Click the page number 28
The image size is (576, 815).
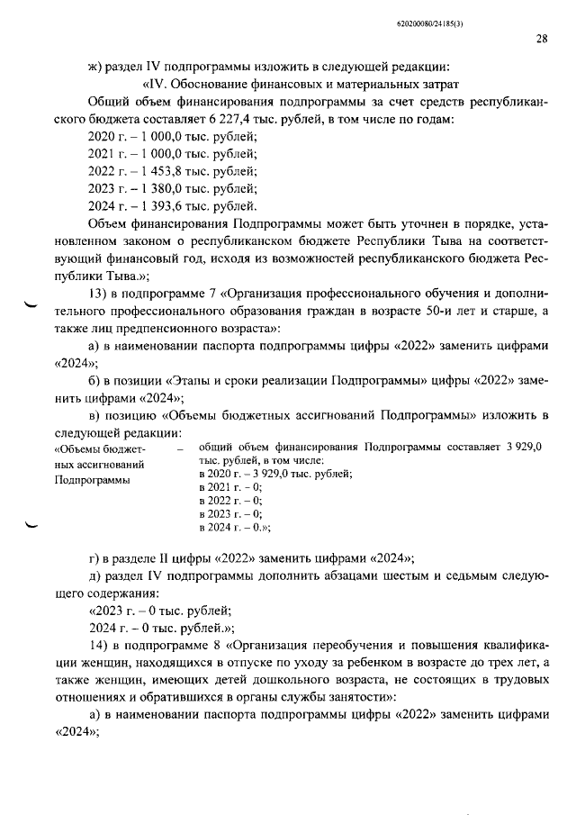pyautogui.click(x=541, y=39)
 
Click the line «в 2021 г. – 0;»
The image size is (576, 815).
pyautogui.click(x=230, y=486)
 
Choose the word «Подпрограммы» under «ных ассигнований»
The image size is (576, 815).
pyautogui.click(x=93, y=480)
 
